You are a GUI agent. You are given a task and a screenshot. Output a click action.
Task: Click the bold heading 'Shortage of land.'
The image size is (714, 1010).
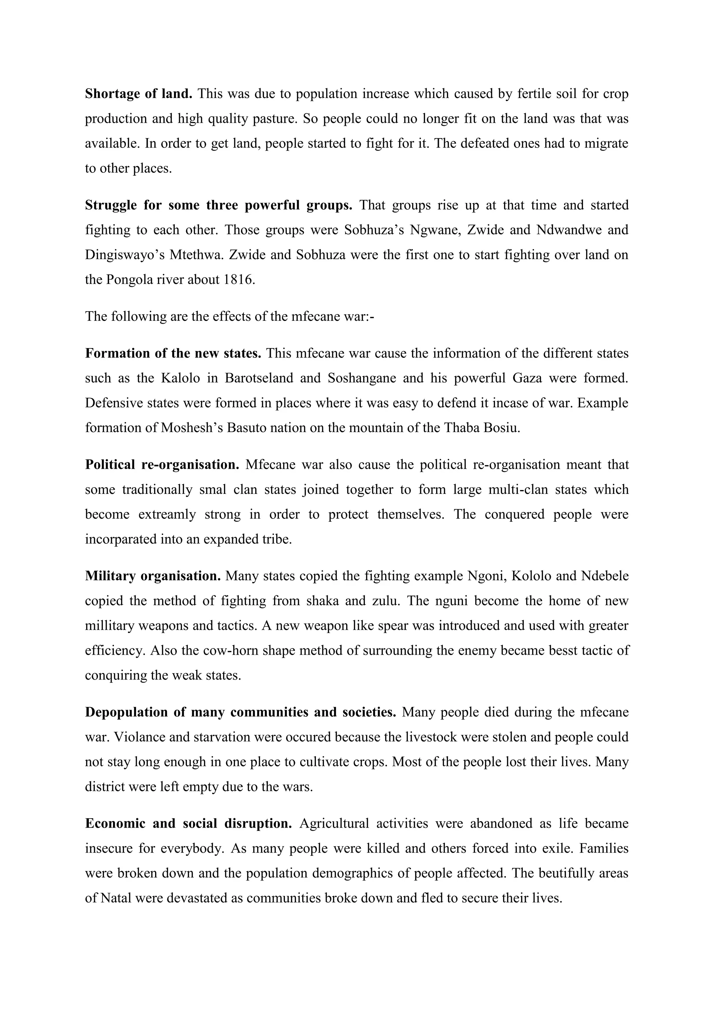(138, 94)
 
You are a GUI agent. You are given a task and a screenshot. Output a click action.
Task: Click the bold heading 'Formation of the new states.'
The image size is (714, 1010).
(173, 354)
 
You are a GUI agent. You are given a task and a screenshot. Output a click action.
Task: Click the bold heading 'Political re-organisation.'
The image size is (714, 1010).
(162, 465)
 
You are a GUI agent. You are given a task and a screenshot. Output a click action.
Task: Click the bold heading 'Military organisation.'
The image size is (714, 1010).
(153, 576)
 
